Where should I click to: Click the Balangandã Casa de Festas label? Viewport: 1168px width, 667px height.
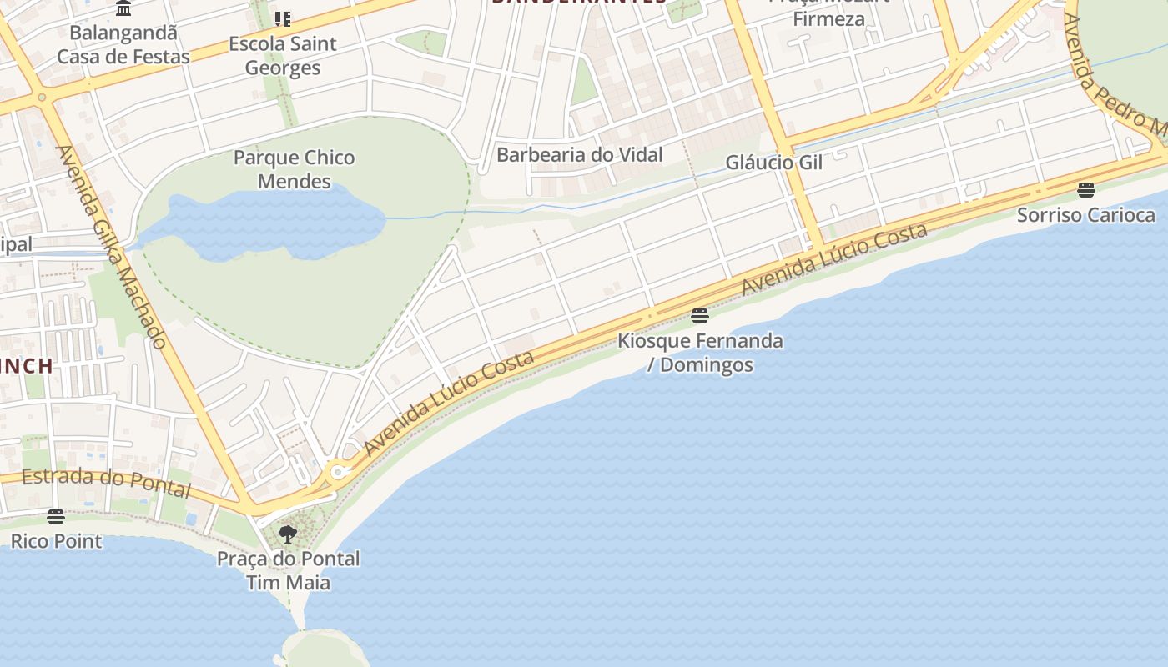(123, 45)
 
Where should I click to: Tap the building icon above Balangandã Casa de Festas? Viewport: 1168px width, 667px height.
(124, 9)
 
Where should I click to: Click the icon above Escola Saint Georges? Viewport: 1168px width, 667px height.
(283, 18)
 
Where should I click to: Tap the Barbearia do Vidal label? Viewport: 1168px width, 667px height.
(579, 154)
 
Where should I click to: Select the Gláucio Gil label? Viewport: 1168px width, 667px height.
(773, 162)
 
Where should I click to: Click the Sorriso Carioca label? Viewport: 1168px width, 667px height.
(1085, 215)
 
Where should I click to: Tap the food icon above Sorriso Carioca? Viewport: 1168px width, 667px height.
(1085, 190)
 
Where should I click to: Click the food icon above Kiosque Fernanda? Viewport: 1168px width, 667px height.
(700, 316)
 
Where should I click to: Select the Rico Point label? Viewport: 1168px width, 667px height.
(56, 541)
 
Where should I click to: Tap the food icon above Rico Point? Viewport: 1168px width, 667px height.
(56, 517)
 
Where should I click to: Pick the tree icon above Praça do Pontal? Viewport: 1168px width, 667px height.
(288, 534)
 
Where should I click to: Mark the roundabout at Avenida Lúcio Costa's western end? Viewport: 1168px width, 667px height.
(337, 473)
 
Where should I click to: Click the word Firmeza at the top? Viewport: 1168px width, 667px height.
(828, 18)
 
